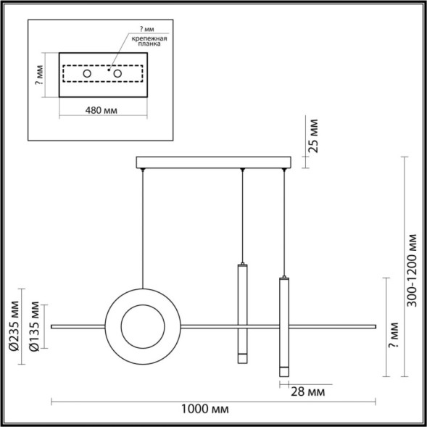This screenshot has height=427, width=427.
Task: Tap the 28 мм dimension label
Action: [x=306, y=392]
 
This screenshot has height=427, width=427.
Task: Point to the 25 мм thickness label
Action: [x=313, y=136]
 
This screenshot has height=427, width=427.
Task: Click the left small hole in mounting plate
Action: [x=87, y=74]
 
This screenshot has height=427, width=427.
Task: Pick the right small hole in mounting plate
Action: [x=116, y=74]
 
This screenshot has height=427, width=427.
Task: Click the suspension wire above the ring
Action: [x=143, y=225]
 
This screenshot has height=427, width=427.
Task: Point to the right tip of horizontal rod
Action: [x=374, y=327]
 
